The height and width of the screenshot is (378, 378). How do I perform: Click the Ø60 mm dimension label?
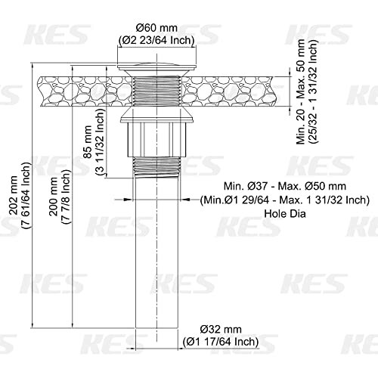(x=156, y=28)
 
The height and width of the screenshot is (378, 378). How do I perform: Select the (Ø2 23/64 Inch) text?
(x=156, y=40)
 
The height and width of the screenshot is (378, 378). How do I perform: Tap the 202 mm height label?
(x=13, y=196)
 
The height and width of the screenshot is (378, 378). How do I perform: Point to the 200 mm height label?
(x=54, y=197)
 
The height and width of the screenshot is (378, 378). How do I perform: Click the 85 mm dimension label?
(x=88, y=141)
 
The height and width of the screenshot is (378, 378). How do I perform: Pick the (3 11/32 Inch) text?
(x=100, y=141)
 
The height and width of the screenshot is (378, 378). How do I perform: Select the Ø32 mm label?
(x=221, y=329)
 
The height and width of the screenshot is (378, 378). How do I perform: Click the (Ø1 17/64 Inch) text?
(x=221, y=342)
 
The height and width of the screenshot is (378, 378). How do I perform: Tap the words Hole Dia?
(x=285, y=214)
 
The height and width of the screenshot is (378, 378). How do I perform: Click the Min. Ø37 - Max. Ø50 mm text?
(x=285, y=187)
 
